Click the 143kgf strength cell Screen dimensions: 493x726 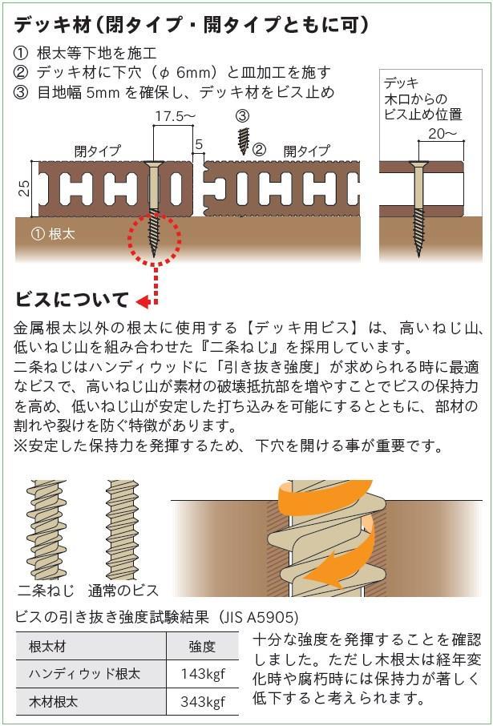coord(203,673)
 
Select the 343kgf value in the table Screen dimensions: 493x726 coord(203,701)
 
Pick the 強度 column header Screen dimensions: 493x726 coord(203,647)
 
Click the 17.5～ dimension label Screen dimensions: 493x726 coord(173,118)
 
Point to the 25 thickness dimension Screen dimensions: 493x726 coord(25,188)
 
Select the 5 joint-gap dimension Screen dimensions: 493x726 coord(199,145)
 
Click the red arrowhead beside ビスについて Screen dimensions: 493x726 coord(143,302)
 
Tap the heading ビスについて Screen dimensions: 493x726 coord(71,300)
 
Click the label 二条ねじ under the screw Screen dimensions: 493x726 coord(46,591)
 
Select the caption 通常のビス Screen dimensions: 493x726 coord(123,591)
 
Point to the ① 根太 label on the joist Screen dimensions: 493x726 coord(52,234)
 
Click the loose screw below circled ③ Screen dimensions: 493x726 coord(244,141)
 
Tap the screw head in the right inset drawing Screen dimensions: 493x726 coord(418,163)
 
